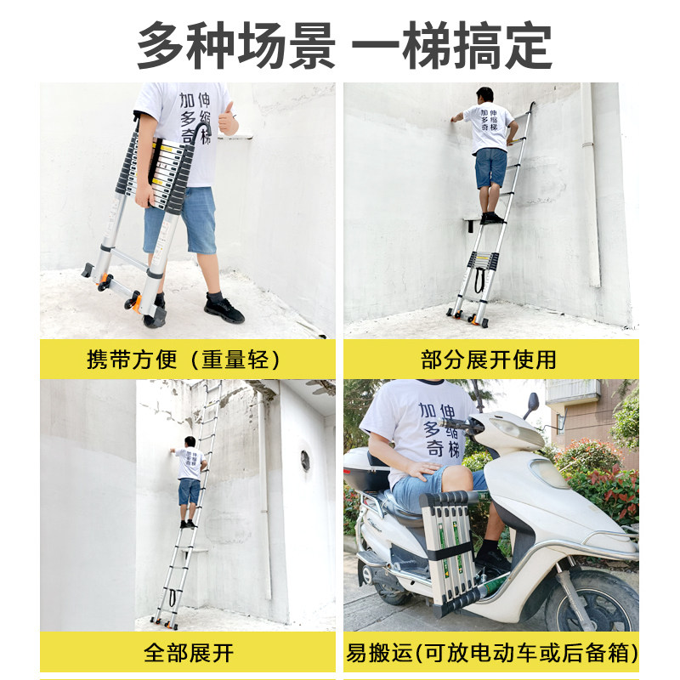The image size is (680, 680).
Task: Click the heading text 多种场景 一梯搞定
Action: click(x=345, y=46)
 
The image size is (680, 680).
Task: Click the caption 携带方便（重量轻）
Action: click(x=184, y=360)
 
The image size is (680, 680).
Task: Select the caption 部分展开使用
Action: click(x=489, y=360)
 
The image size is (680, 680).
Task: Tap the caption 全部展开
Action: click(x=189, y=653)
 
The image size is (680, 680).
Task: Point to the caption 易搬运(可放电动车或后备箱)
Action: click(x=491, y=653)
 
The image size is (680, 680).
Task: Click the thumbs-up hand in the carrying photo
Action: click(x=228, y=119)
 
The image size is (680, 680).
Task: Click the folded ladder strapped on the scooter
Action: click(x=450, y=553)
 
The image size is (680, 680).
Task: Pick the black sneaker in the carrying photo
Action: click(x=224, y=309)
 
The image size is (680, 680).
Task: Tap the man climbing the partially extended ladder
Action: click(x=489, y=156)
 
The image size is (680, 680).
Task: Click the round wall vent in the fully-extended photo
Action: click(x=305, y=461)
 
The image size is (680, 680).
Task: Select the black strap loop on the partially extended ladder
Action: click(x=479, y=280)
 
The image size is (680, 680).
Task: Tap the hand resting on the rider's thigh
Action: click(x=422, y=470)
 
